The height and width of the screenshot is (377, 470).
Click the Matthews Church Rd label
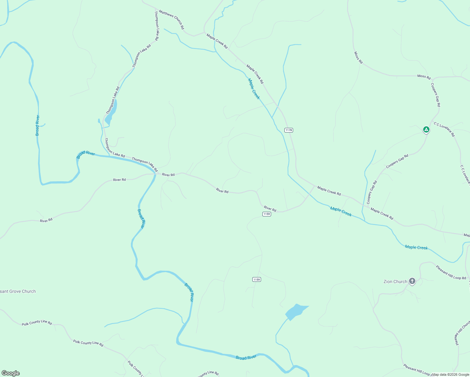172,19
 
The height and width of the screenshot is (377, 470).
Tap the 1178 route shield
289,130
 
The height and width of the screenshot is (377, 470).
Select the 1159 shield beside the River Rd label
266,214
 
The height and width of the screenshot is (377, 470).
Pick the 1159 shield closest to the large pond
257,280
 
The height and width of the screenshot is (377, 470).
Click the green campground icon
426,129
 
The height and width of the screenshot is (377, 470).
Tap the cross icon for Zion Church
412,281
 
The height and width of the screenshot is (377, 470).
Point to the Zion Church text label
395,281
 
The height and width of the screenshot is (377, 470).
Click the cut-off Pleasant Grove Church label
18,291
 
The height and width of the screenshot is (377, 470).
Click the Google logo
11,373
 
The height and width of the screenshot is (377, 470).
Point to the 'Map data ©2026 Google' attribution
451,374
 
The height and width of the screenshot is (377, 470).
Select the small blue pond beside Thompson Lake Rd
111,113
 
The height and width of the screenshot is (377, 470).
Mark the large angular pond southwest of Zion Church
295,312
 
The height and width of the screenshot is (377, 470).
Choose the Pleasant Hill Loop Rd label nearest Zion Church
451,272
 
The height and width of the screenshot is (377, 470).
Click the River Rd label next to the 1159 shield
270,209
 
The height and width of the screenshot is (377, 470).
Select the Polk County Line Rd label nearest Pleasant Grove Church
37,322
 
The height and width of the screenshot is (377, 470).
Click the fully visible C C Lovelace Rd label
444,129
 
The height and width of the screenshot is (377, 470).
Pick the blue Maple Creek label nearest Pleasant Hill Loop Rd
416,247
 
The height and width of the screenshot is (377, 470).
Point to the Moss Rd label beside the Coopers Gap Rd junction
424,76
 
